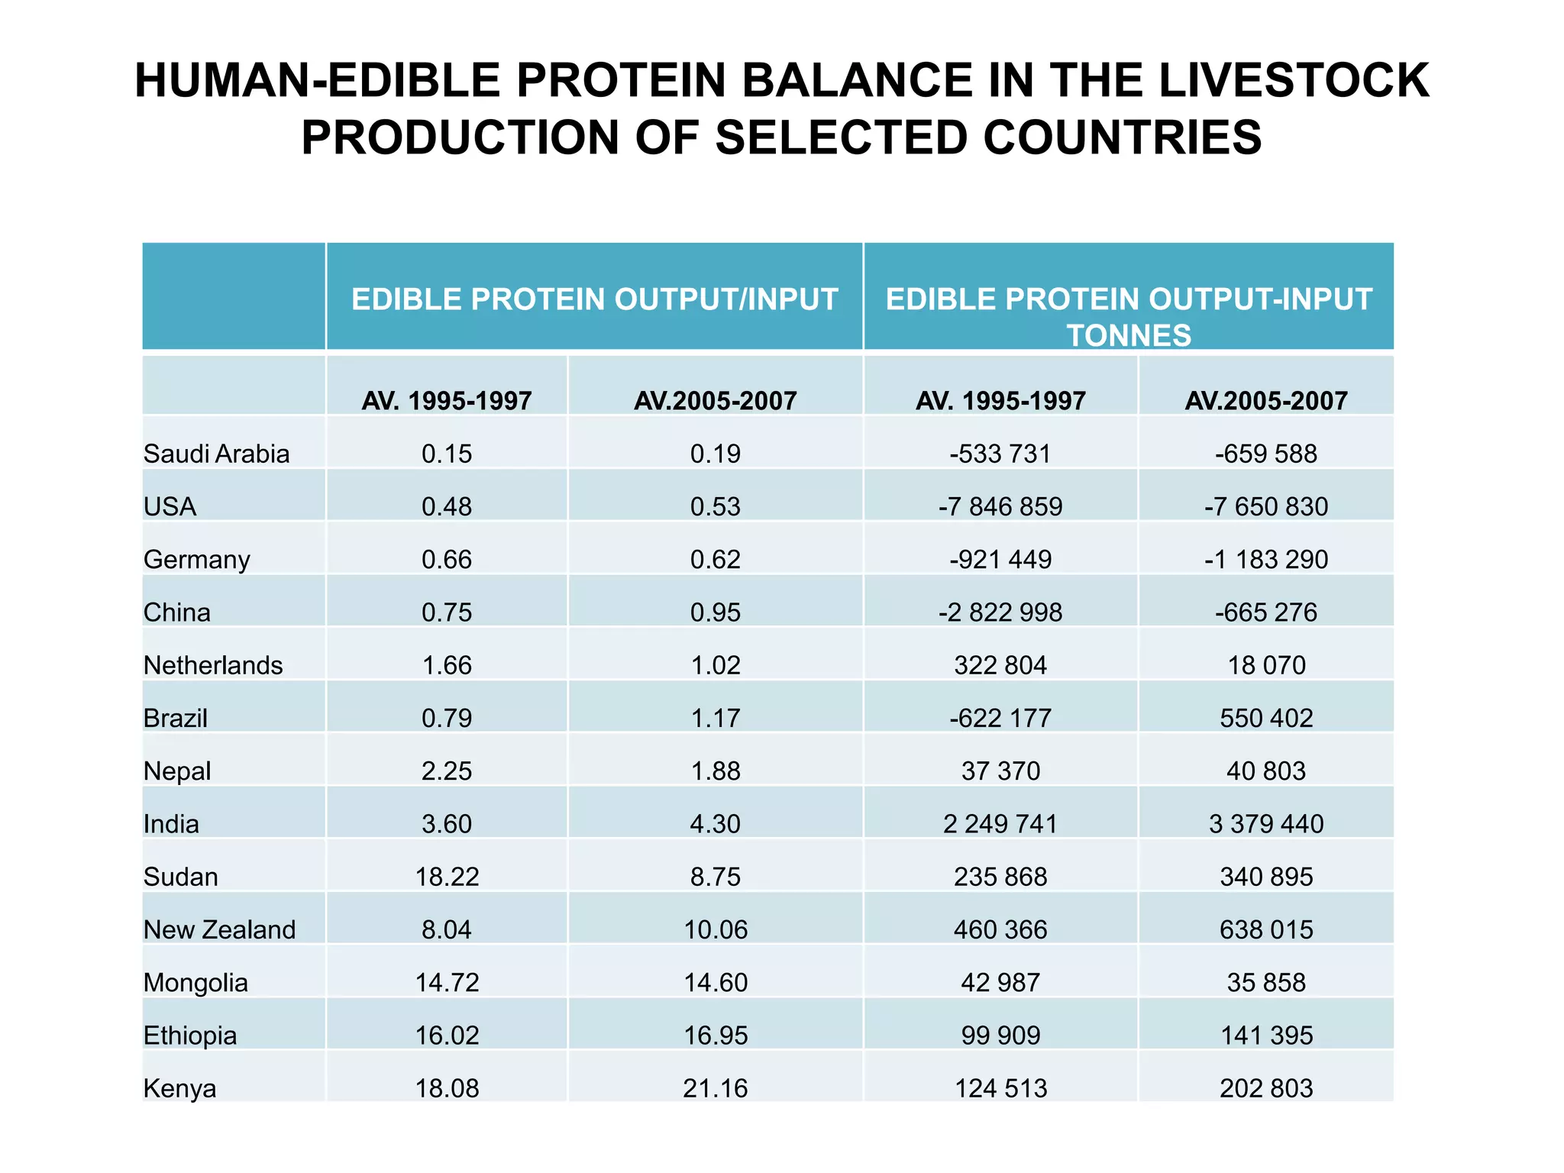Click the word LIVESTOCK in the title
(x=1294, y=80)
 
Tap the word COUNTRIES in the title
(x=1123, y=137)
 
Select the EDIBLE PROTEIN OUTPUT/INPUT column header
(x=594, y=299)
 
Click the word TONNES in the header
(x=1129, y=335)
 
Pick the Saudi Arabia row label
(x=217, y=454)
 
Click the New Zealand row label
(x=220, y=929)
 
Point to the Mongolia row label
(x=195, y=982)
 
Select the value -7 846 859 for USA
(x=1000, y=506)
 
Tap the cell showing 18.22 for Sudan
(x=447, y=877)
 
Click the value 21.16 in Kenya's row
(x=715, y=1088)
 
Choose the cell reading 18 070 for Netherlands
(x=1266, y=665)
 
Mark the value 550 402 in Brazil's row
(x=1266, y=718)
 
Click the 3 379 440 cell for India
(x=1266, y=824)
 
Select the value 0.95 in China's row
(x=715, y=612)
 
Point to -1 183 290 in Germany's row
(x=1266, y=560)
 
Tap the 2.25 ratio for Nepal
(x=447, y=771)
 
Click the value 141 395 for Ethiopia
(x=1266, y=1036)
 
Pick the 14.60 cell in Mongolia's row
(x=715, y=982)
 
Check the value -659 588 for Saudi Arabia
(x=1266, y=454)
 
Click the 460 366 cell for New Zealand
(x=1000, y=929)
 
